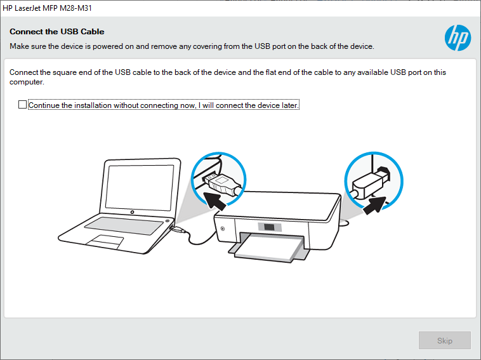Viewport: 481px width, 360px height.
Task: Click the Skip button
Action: pos(444,340)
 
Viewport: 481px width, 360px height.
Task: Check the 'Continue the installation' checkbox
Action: pos(23,105)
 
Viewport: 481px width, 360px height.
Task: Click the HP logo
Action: pos(458,38)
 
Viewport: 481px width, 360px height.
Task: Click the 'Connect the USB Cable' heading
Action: pos(56,31)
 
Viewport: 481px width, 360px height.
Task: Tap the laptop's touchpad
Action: pos(105,241)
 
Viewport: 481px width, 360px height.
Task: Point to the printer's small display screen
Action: pos(270,227)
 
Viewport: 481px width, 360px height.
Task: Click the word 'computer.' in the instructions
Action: pos(26,83)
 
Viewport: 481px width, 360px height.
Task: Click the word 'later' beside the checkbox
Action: pos(289,105)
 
